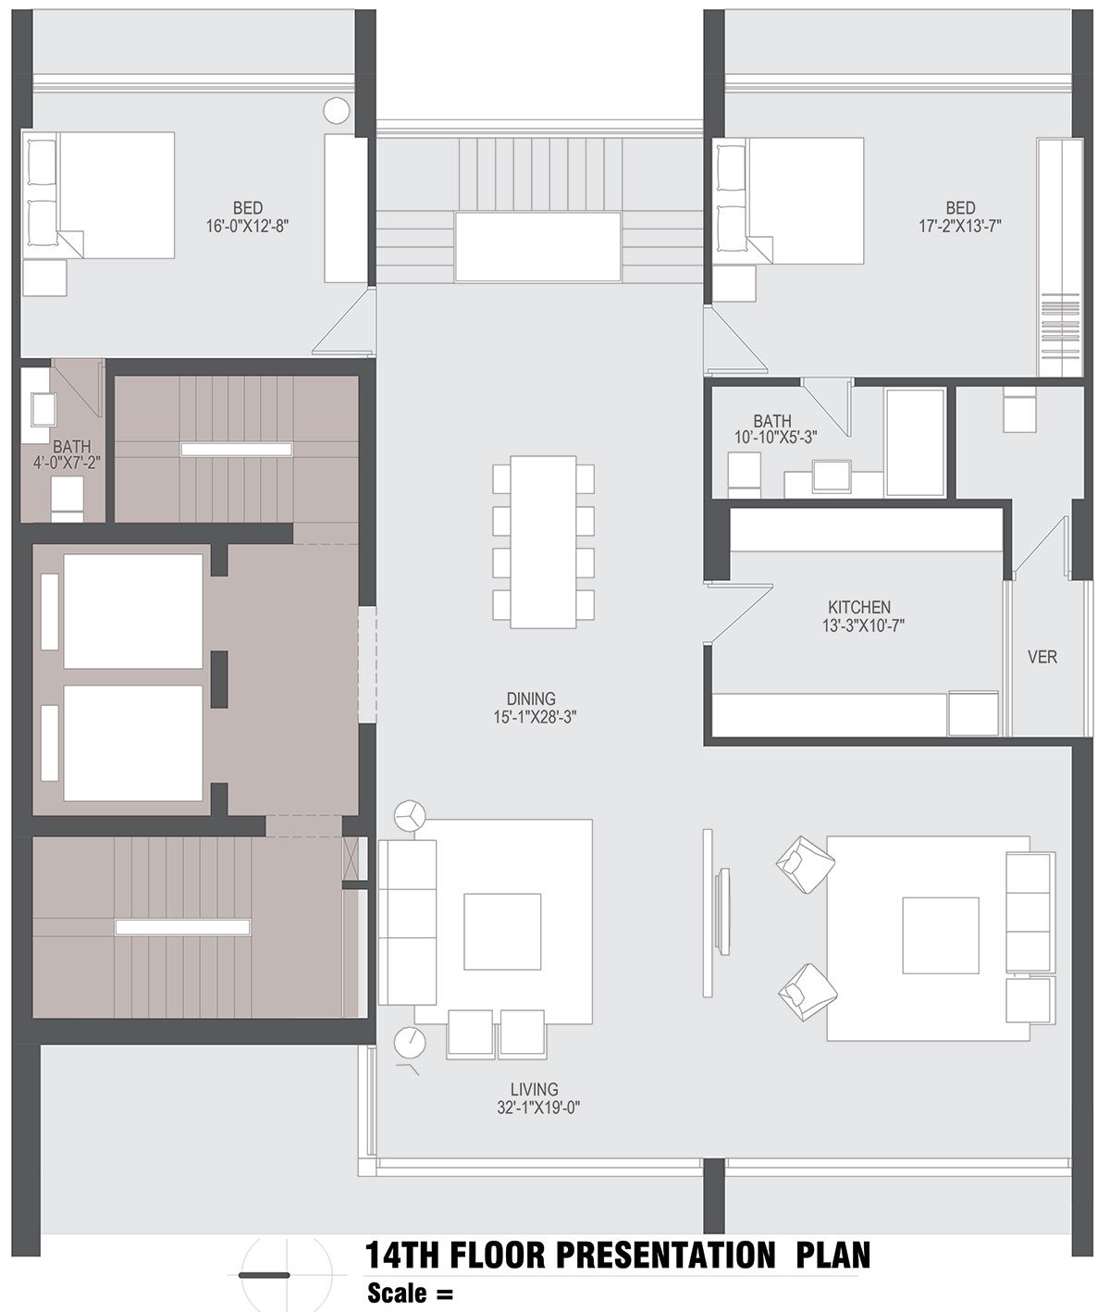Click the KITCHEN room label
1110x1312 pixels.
[x=859, y=607]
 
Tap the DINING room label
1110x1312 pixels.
[x=531, y=699]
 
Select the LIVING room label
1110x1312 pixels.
[x=535, y=1089]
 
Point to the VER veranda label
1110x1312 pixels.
[x=1042, y=657]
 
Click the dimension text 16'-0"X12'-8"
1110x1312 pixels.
[x=248, y=227]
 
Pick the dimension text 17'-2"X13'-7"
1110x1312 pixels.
[x=960, y=226]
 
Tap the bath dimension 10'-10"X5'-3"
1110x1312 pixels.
[x=775, y=438]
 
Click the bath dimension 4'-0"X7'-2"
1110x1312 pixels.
[x=68, y=463]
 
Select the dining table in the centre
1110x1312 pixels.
[x=544, y=542]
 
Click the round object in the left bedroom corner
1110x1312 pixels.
[x=337, y=111]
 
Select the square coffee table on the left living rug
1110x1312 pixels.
[x=502, y=931]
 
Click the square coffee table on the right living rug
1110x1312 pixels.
[x=941, y=935]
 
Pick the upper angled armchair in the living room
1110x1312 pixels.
[x=806, y=864]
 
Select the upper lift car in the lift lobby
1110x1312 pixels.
[x=132, y=611]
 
